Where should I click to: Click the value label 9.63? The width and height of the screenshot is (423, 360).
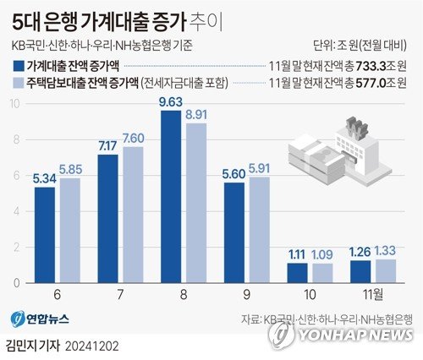click(x=170, y=101)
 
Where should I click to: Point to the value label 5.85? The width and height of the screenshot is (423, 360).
click(x=71, y=169)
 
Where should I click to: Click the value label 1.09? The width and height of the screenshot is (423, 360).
click(x=322, y=254)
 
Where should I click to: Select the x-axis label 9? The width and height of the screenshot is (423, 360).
click(x=246, y=296)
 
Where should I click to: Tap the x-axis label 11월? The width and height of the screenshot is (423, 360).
click(x=371, y=296)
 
